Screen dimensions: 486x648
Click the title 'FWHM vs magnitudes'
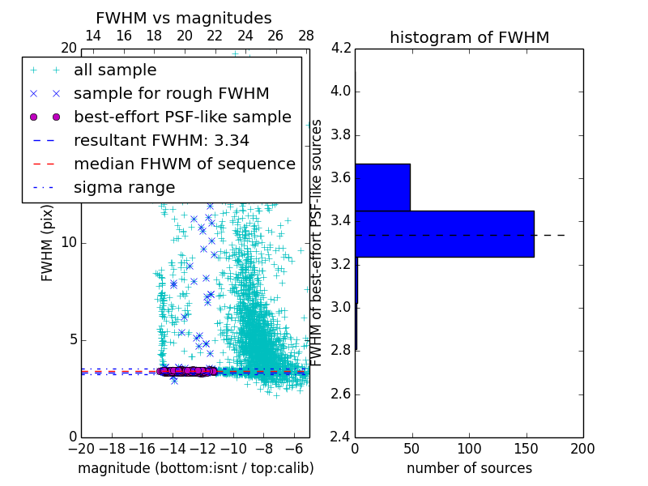click(184, 18)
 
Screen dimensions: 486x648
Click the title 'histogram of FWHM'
click(469, 37)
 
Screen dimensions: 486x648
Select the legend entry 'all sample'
click(115, 70)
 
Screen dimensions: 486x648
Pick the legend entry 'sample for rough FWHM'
click(171, 93)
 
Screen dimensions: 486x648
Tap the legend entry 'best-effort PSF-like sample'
click(182, 117)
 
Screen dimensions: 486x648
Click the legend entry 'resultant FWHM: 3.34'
click(161, 140)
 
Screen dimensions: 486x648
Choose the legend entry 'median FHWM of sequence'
click(184, 164)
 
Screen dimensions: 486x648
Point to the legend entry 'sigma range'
click(124, 187)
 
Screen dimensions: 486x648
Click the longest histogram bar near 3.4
click(444, 233)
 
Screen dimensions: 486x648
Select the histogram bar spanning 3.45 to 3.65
click(382, 187)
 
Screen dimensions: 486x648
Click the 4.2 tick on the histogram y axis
click(342, 48)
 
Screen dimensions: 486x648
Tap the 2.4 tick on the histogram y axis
click(342, 437)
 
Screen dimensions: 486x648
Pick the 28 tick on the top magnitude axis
click(306, 36)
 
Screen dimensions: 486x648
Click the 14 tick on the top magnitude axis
click(93, 36)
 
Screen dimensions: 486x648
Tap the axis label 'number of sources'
click(469, 468)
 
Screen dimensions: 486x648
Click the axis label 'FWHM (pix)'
click(48, 242)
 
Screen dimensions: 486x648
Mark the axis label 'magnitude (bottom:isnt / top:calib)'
click(195, 468)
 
